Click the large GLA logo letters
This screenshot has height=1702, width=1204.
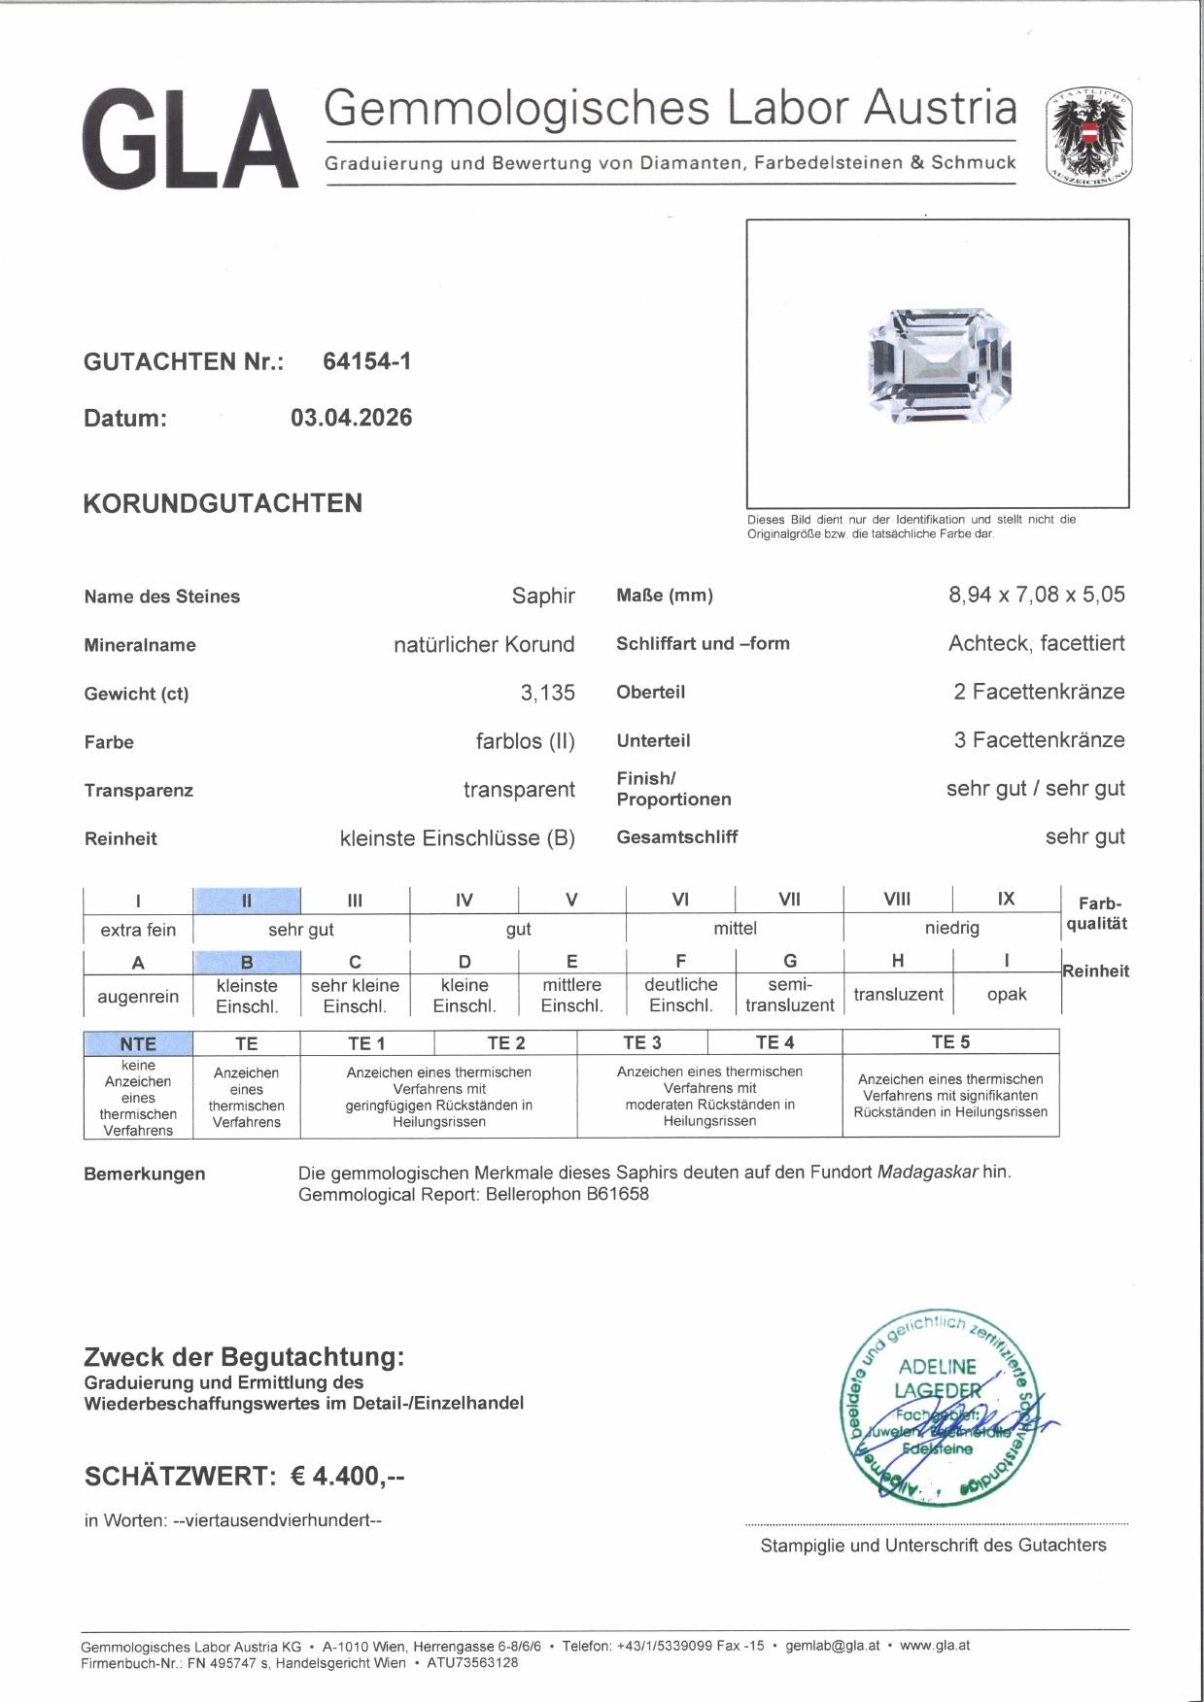coord(190,138)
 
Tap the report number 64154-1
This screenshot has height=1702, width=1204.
coord(366,361)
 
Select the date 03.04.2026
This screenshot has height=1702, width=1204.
coord(351,418)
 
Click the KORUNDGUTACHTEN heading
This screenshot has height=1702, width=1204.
coord(223,503)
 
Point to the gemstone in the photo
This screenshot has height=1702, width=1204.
coord(939,365)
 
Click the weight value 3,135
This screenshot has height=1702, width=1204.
coord(547,693)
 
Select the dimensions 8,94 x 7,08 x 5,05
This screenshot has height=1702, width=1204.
coord(1036,595)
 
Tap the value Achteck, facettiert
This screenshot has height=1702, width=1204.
coord(1036,643)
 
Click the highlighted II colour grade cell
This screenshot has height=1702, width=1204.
coord(247,901)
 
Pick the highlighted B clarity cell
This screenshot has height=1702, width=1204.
coord(247,963)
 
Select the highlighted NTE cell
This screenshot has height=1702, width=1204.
coord(138,1043)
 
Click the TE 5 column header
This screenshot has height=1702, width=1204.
coord(949,1042)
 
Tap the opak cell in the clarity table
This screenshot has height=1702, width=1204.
coord(1006,995)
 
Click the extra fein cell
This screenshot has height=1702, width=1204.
coord(138,930)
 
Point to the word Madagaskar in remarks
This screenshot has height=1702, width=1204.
coord(927,1172)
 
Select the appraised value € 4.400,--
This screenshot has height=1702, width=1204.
coord(347,1476)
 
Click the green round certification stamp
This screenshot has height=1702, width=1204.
coord(939,1408)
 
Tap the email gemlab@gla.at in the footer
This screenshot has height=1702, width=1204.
coord(832,1646)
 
